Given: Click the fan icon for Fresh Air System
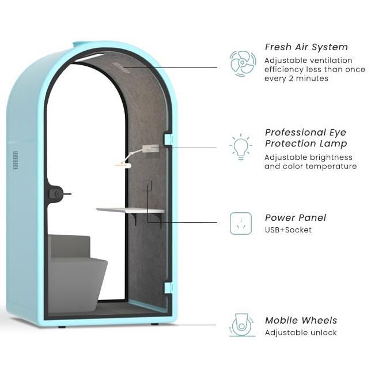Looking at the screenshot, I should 243,63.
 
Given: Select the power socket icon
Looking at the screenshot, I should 241,223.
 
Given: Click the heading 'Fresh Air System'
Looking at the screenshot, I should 306,47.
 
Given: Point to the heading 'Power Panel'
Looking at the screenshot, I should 295,218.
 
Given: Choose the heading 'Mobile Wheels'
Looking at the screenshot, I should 301,321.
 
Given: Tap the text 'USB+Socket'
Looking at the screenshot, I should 288,230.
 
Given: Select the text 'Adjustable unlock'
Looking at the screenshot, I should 301,333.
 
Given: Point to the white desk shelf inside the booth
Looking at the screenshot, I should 130,211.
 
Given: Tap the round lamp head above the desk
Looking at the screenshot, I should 122,166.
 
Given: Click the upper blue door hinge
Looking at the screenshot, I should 168,139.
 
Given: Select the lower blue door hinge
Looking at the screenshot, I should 168,287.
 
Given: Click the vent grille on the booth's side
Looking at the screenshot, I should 15,160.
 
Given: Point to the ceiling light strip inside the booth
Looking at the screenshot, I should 89,58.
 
